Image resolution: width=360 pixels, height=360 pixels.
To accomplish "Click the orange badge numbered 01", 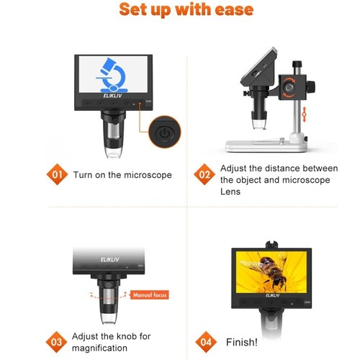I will point(59,174).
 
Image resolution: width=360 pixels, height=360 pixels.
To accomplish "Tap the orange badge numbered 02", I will point(204,174).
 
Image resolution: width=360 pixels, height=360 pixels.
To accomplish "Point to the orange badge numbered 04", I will point(204,341).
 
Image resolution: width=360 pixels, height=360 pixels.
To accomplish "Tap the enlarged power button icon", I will point(164,133).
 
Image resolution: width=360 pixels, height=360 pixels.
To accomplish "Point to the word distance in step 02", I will point(275,168).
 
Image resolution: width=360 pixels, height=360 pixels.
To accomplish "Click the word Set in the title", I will point(134,10).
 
